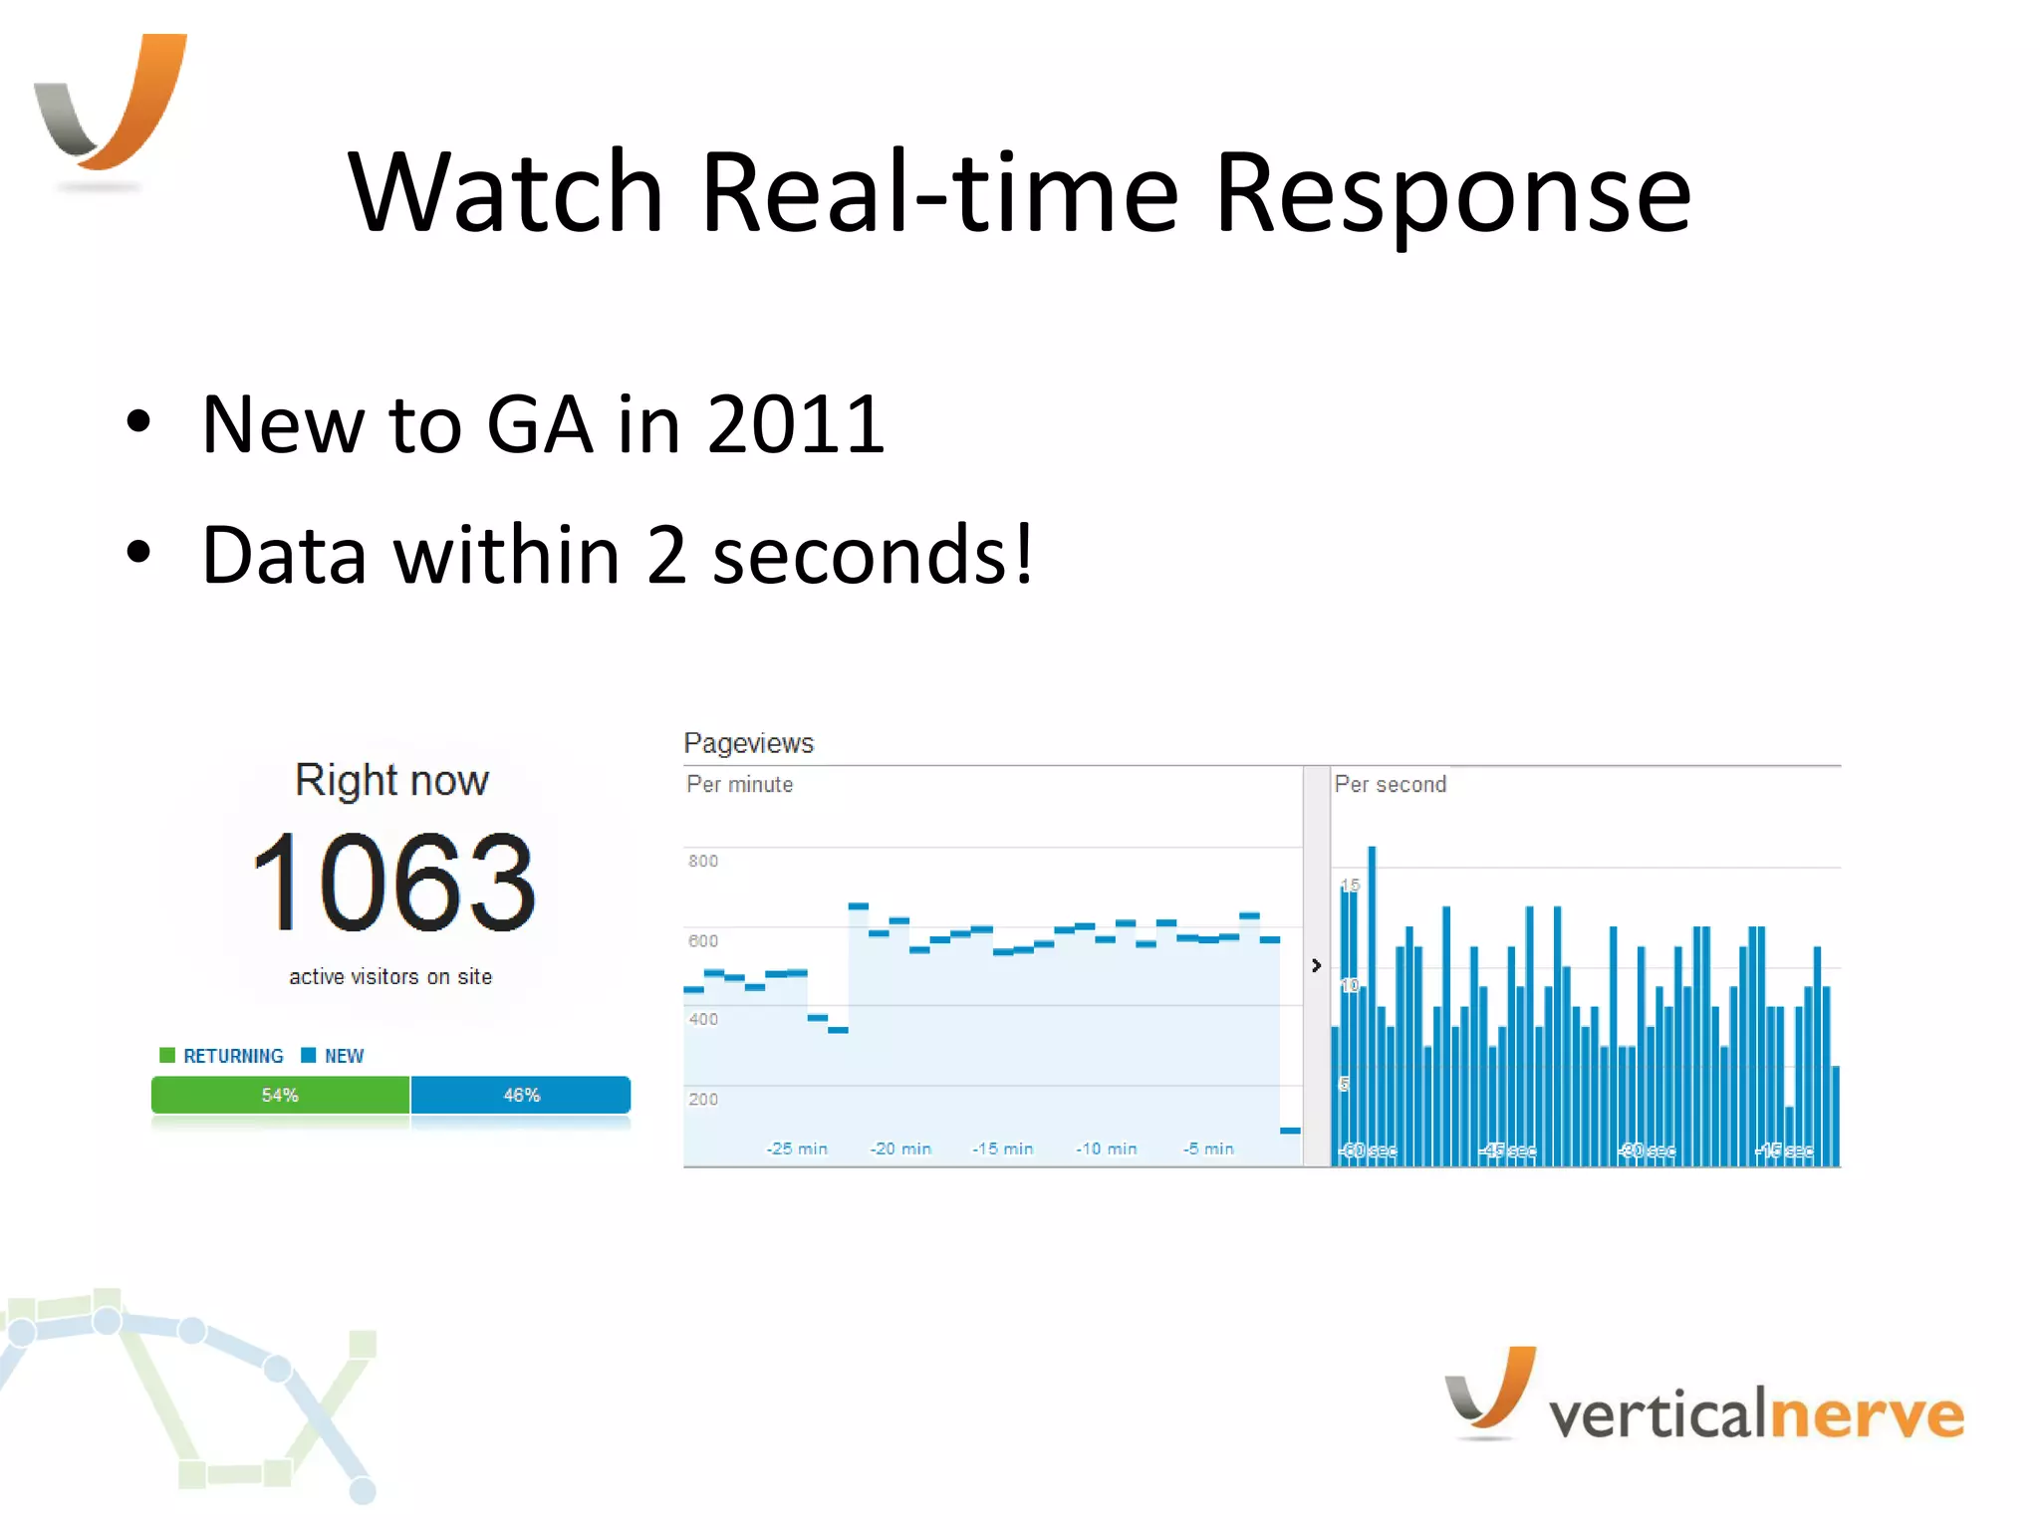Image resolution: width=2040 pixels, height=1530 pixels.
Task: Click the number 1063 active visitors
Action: coord(393,883)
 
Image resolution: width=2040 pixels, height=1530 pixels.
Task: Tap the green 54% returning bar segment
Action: coord(280,1095)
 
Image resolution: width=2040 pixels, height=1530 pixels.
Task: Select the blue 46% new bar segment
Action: coord(521,1095)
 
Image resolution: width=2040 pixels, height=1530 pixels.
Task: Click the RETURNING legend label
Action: coord(233,1056)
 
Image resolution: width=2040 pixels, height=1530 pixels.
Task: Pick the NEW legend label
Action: coord(344,1056)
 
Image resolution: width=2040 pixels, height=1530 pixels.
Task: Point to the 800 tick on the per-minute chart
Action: coord(703,861)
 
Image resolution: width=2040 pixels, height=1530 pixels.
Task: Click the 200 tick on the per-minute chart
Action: coord(703,1099)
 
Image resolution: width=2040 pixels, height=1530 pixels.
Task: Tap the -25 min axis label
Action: coord(797,1148)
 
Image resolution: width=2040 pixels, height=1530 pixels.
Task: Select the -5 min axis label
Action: coord(1208,1148)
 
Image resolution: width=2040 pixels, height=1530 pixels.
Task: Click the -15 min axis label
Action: coord(1003,1148)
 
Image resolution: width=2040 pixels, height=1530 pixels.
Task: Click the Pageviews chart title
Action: coord(748,743)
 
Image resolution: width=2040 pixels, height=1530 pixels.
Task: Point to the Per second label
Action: coord(1390,785)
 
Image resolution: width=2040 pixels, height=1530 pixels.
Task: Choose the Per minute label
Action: coord(740,785)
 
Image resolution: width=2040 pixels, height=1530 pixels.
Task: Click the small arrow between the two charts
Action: coord(1316,965)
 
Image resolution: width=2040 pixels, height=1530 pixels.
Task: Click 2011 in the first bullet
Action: coord(796,424)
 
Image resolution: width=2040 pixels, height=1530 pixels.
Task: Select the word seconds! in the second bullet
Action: coord(874,555)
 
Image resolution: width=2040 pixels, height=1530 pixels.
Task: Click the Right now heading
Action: coord(391,780)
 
